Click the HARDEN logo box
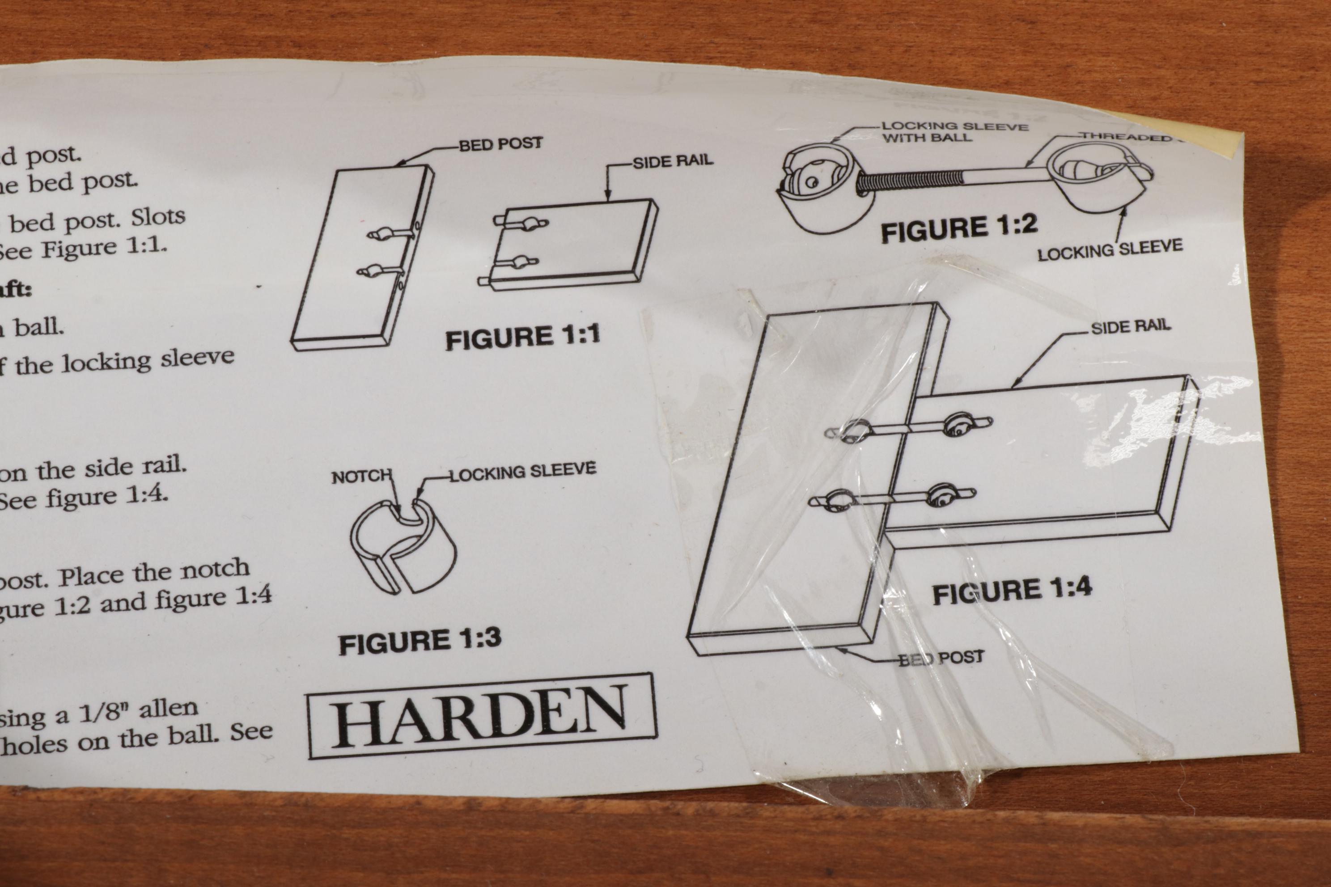click(482, 716)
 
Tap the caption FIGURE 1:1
click(522, 337)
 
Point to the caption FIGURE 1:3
click(420, 642)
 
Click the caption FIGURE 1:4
click(1012, 591)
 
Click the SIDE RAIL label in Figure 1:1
click(672, 162)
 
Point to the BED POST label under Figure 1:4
click(941, 658)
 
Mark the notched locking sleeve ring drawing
click(403, 546)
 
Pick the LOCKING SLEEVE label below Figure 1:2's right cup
click(1109, 249)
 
